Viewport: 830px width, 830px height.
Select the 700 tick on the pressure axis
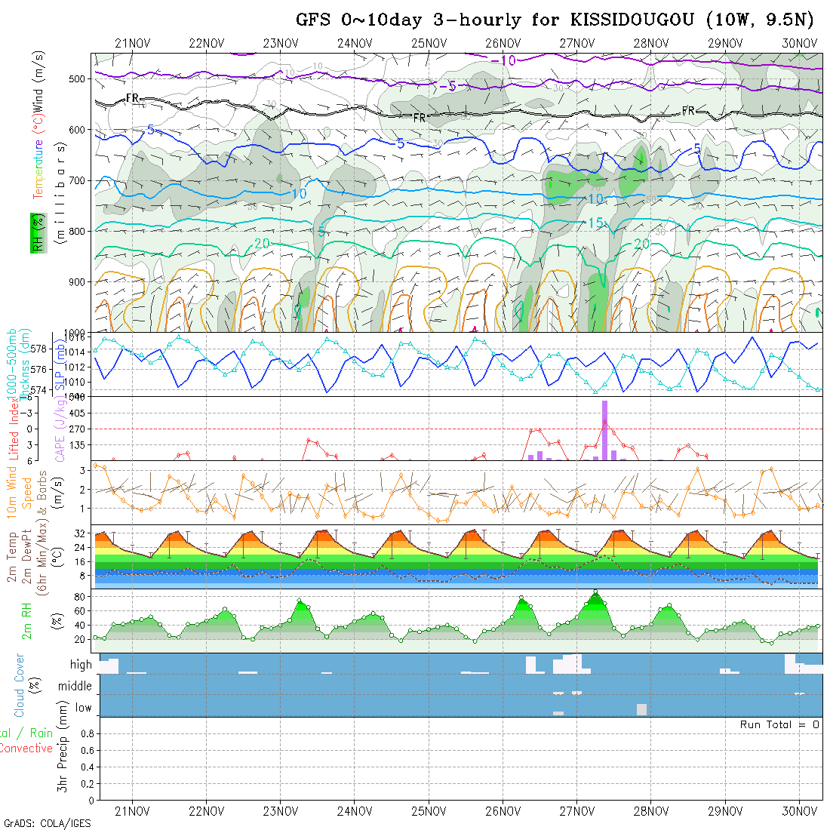[77, 180]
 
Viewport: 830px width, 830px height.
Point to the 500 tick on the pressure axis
[77, 78]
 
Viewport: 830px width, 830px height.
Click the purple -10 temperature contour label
[503, 60]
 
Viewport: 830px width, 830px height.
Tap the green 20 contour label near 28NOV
[641, 244]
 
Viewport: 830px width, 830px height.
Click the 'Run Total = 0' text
[779, 724]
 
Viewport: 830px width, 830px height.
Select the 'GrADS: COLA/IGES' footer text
[47, 823]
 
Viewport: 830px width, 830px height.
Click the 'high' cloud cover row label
[81, 665]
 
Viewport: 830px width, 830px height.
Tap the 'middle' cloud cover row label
[75, 686]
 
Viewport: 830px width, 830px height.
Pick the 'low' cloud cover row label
[83, 708]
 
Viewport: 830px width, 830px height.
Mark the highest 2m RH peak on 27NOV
[595, 592]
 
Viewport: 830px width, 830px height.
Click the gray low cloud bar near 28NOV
[641, 709]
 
